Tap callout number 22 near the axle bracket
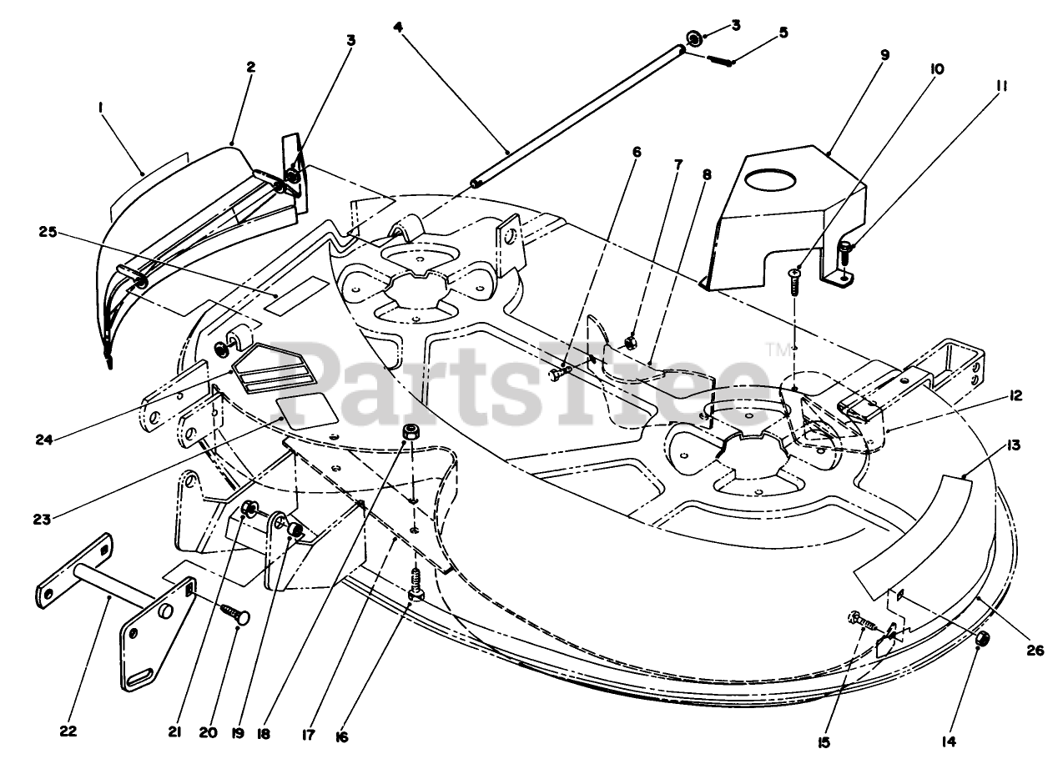pyautogui.click(x=68, y=731)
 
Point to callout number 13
pyautogui.click(x=1014, y=446)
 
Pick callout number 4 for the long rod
pyautogui.click(x=399, y=26)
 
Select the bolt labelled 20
pyautogui.click(x=233, y=617)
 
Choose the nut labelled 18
pyautogui.click(x=410, y=431)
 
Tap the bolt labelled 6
pyautogui.click(x=559, y=374)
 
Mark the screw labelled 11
pyautogui.click(x=844, y=249)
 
